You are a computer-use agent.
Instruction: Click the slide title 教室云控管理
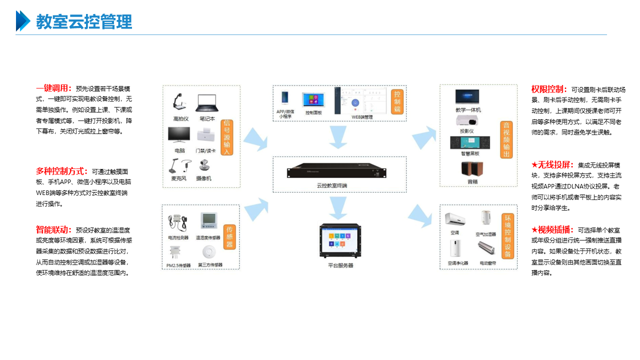click(x=84, y=22)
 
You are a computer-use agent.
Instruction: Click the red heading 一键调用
click(x=53, y=88)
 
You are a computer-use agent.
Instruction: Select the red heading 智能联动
click(x=53, y=230)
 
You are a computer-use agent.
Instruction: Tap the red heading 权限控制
click(x=548, y=89)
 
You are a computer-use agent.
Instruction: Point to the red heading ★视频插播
click(x=552, y=230)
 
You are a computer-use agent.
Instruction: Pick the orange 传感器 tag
click(x=229, y=236)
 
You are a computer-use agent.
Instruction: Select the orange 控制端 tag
click(x=397, y=102)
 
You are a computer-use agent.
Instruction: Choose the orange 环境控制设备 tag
click(x=507, y=236)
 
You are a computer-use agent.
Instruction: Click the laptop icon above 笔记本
click(x=207, y=103)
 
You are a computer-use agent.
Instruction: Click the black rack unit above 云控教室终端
click(x=336, y=171)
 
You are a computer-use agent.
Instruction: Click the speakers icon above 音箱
click(x=471, y=169)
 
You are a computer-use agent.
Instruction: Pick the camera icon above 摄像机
click(x=204, y=166)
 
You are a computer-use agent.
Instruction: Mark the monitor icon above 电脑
click(x=179, y=135)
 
